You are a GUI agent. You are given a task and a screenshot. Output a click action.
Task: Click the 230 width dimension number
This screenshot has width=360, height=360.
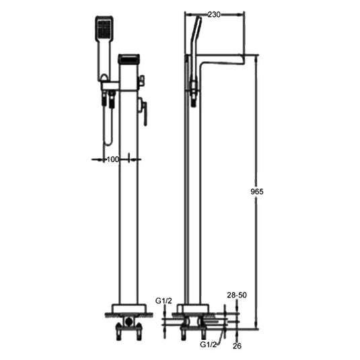coord(215,14)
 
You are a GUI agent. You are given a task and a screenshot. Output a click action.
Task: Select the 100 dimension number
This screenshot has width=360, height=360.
coord(112,159)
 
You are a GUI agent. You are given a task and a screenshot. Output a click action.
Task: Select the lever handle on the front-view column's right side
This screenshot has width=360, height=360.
coord(143,110)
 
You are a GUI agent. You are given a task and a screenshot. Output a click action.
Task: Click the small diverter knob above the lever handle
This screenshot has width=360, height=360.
coord(141,82)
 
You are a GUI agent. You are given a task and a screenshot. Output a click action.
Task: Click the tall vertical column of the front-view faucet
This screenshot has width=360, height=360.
coord(128,202)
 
